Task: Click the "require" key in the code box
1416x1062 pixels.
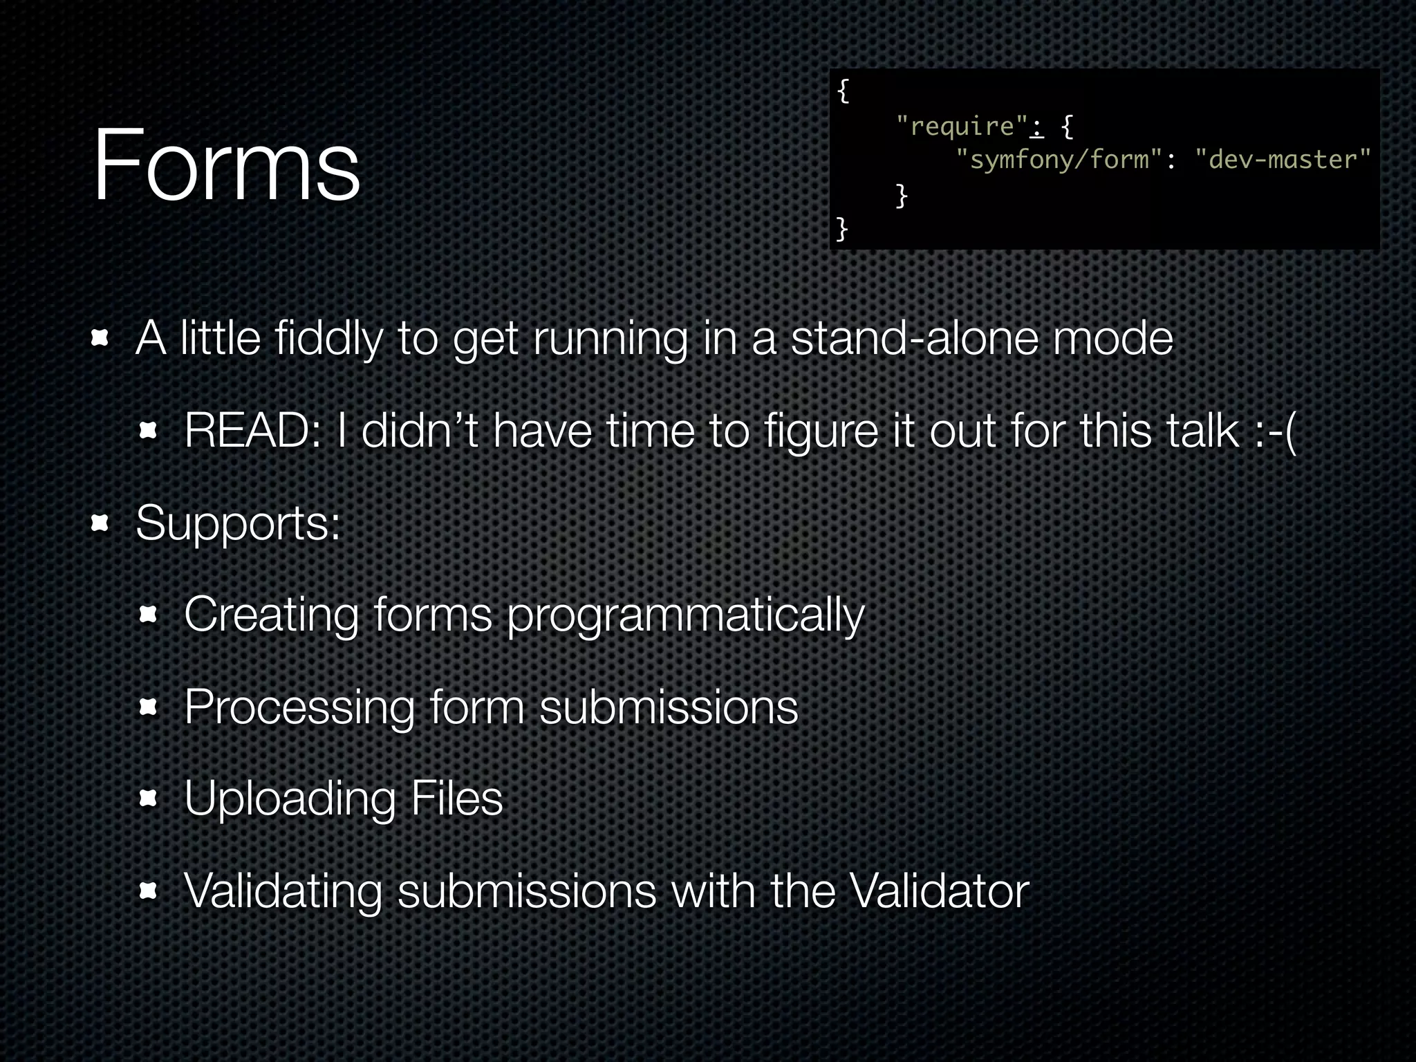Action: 962,126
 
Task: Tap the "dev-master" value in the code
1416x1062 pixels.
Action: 1283,160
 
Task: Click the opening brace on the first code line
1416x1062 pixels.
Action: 842,91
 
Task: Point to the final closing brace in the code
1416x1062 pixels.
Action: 841,228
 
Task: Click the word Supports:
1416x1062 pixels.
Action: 238,523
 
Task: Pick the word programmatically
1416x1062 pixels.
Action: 685,615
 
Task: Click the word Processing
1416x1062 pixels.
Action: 299,707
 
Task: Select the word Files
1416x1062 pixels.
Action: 456,799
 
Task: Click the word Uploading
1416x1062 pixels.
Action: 290,799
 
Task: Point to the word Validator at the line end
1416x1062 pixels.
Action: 939,891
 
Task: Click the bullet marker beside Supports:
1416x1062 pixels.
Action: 100,523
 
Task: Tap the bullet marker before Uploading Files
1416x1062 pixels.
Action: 148,799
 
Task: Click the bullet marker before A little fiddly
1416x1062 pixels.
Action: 100,339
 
